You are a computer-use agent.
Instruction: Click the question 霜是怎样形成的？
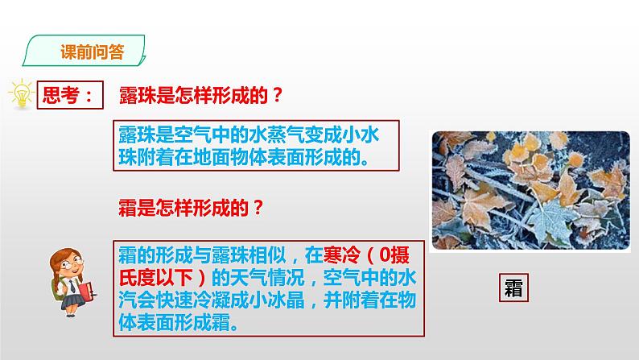pyautogui.click(x=190, y=207)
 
